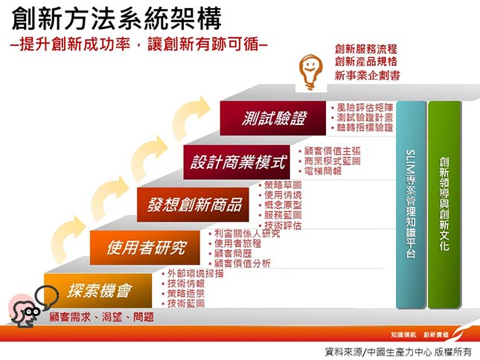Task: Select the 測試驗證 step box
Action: [x=273, y=118]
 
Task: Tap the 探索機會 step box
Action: [x=100, y=289]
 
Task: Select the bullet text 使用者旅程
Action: [x=237, y=243]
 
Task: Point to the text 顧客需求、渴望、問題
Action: [x=102, y=317]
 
